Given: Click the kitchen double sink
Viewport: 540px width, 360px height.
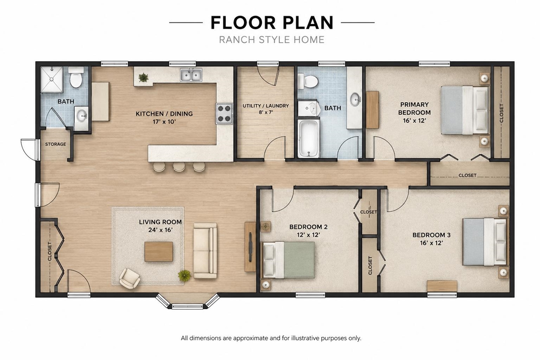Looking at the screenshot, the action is tap(191, 75).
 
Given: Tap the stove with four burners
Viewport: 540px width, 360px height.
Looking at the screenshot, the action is tap(224, 114).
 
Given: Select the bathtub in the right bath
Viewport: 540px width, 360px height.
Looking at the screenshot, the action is tap(308, 138).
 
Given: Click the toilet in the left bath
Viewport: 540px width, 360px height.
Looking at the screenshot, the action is tap(76, 77).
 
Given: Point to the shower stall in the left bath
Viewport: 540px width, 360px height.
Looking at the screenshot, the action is tap(51, 80).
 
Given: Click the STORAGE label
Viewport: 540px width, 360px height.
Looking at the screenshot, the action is tap(55, 144).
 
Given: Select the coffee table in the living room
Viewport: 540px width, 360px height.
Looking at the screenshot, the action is tap(159, 252).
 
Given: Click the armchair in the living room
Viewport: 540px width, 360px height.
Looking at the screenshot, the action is tap(130, 278).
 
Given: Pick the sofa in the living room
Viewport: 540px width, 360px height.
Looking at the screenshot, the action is tap(205, 251).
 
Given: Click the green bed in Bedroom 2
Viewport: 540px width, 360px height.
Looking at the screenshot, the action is tap(288, 260).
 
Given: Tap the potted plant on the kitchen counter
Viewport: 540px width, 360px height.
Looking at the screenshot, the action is tap(143, 77).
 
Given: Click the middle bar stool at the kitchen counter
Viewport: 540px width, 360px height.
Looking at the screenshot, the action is tap(179, 166).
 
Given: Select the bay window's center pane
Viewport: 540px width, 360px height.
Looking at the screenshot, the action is tap(187, 307).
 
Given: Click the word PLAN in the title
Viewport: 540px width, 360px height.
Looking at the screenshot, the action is tap(308, 23).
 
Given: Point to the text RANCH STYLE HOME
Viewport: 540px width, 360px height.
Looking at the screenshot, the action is tap(272, 40).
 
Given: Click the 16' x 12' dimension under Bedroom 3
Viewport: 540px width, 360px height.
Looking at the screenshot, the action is tap(432, 243).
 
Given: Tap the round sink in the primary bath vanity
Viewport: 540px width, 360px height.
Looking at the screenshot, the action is tap(355, 99).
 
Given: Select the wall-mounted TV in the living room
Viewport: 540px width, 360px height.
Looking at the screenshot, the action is tap(251, 247).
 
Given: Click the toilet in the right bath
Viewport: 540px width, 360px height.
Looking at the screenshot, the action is tap(308, 81).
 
